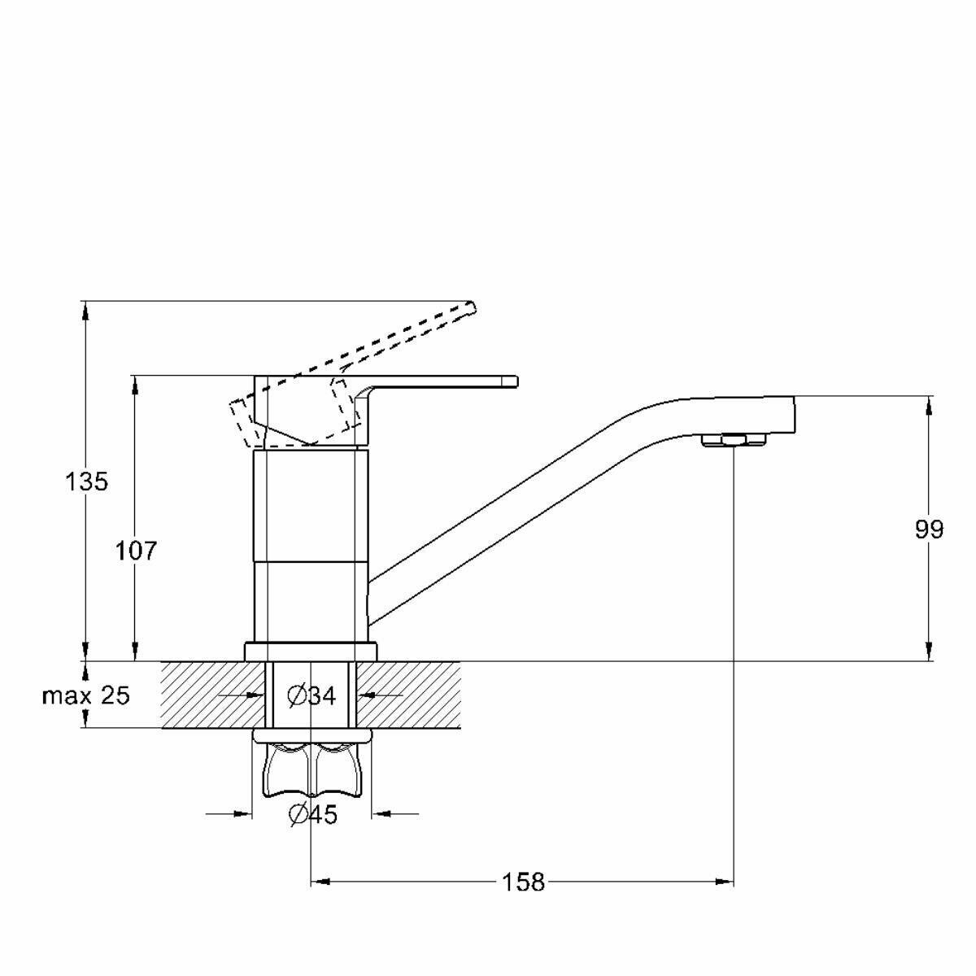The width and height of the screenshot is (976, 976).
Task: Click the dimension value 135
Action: coord(86,481)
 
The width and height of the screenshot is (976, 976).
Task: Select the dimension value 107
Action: coord(137,551)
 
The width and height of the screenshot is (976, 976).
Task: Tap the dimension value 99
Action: coord(929,529)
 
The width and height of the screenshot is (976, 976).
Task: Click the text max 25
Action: coord(86,696)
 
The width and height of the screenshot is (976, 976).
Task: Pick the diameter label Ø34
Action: coord(312,696)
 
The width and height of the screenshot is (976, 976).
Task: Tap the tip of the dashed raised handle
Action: coord(474,307)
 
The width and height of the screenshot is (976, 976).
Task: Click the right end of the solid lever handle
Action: coord(516,382)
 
